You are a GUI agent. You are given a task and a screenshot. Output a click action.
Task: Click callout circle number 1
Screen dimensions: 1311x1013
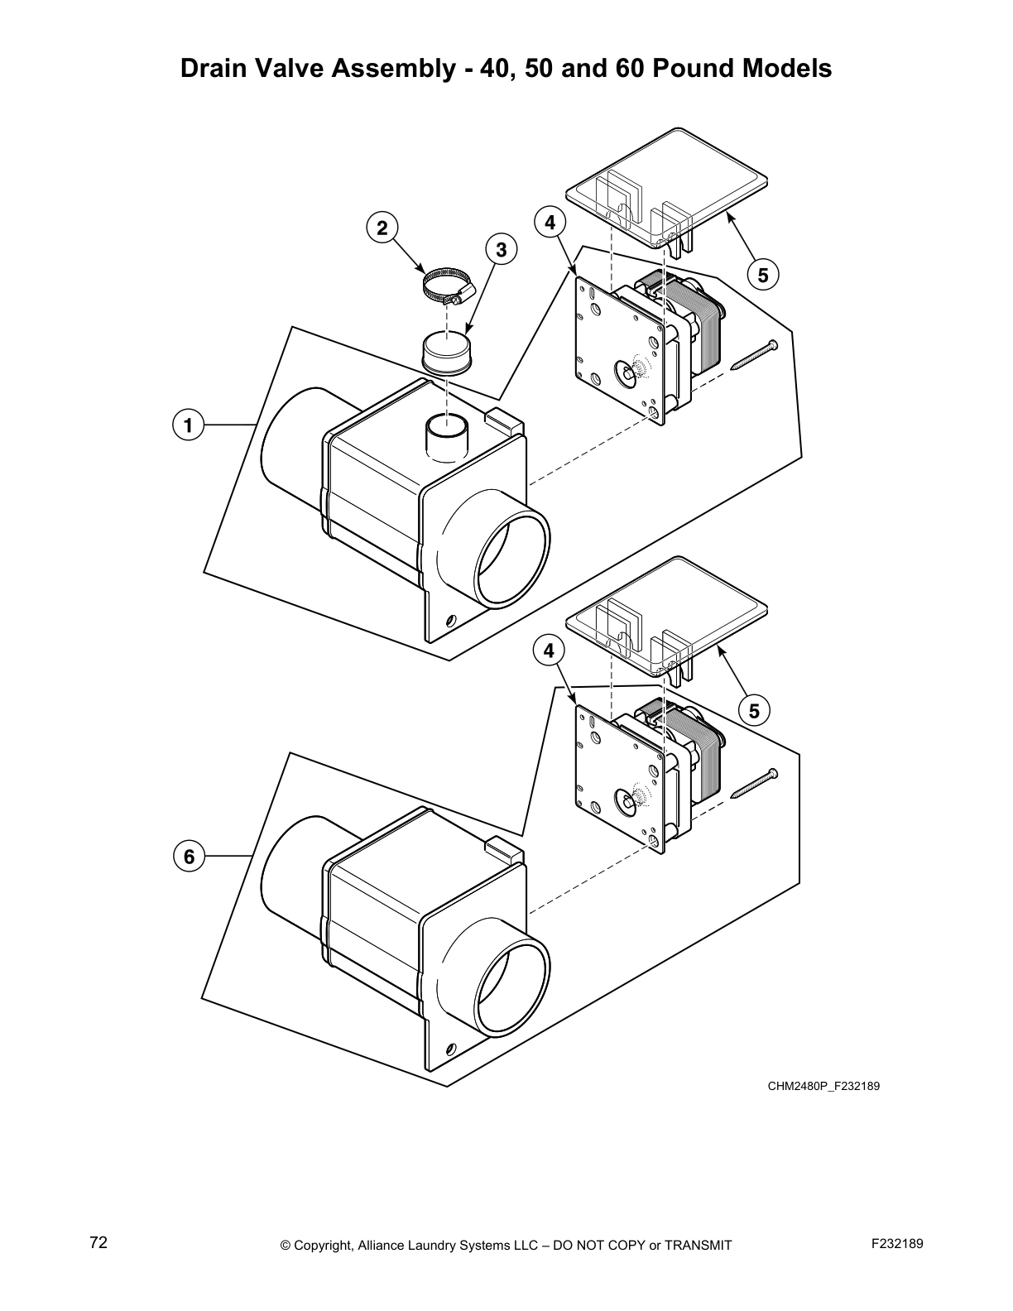click(189, 425)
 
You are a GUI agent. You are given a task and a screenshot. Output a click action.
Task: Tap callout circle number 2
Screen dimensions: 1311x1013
click(382, 228)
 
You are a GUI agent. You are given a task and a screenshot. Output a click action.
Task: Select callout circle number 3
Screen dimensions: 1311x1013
click(500, 249)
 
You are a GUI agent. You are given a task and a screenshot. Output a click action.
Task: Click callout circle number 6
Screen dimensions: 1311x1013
click(189, 856)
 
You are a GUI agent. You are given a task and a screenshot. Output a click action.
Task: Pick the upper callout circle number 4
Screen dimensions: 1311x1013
click(550, 223)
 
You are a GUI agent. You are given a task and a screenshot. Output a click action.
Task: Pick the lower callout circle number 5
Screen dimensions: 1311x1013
click(754, 710)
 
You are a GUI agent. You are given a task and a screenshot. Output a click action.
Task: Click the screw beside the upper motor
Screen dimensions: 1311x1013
click(753, 355)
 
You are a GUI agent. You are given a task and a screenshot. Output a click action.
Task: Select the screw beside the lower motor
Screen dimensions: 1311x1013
click(753, 784)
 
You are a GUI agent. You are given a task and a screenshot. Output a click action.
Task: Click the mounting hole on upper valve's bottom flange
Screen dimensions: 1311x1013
click(451, 620)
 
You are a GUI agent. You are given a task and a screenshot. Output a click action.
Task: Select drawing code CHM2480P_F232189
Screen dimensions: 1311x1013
click(823, 1085)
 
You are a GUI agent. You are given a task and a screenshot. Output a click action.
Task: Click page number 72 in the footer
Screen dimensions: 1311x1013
click(98, 1242)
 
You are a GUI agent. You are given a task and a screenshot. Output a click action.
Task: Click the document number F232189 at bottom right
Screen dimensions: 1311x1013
click(897, 1244)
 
